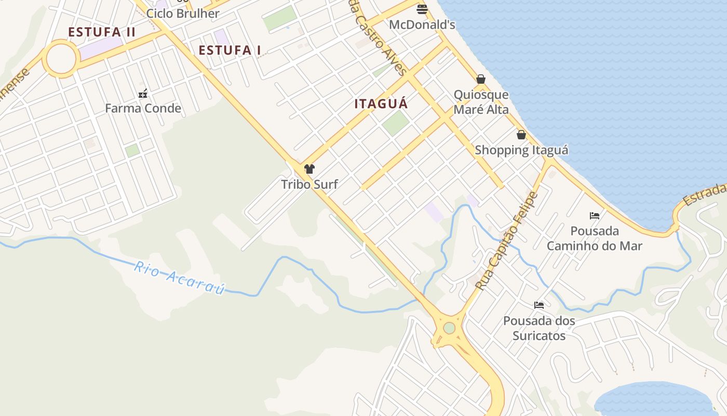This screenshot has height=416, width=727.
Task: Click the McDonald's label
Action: point(422,24)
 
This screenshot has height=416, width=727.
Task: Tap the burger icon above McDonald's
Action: point(422,9)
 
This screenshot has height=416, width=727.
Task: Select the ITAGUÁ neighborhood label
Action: point(381,104)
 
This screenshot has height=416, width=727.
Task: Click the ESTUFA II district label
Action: point(102,32)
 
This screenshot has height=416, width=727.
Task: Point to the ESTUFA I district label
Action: point(230,50)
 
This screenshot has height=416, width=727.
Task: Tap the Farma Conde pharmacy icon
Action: point(143,94)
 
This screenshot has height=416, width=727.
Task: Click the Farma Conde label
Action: point(143,109)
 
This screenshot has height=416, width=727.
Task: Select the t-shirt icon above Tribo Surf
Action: point(309,169)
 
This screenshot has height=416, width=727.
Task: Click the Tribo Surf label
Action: point(309,184)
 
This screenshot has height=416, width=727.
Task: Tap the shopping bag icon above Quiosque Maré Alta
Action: point(481,80)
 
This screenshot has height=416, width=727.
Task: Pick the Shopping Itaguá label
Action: point(521,150)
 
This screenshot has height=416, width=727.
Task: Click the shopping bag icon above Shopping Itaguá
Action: point(521,135)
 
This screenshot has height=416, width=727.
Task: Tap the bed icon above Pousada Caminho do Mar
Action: point(595,216)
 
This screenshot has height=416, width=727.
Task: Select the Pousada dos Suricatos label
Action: point(539,328)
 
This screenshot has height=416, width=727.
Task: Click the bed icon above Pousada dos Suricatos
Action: point(539,305)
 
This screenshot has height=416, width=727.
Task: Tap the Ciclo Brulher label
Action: point(183,14)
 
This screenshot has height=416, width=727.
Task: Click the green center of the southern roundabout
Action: point(449,328)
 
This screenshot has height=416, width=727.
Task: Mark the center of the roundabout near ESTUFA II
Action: point(61,59)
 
